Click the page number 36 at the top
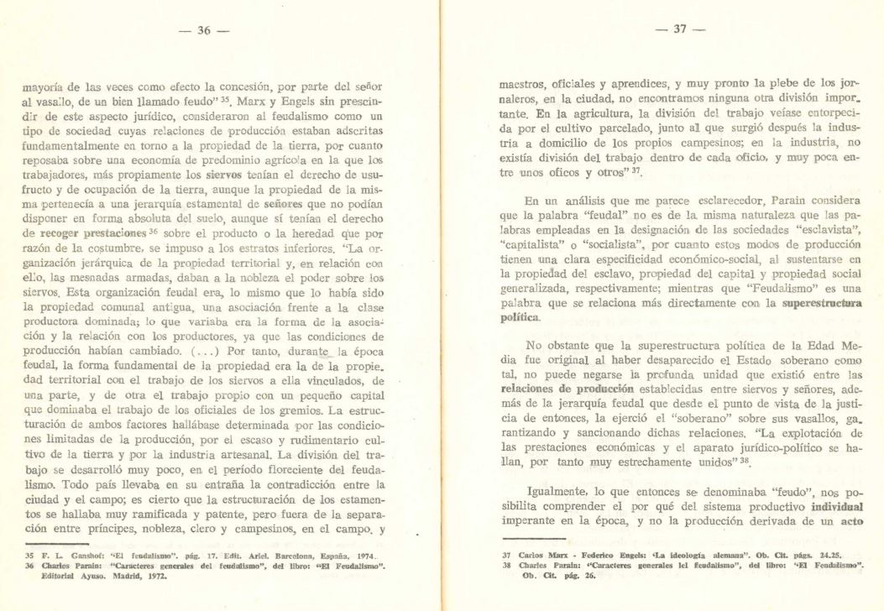[x=204, y=31]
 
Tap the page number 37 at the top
[x=680, y=29]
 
